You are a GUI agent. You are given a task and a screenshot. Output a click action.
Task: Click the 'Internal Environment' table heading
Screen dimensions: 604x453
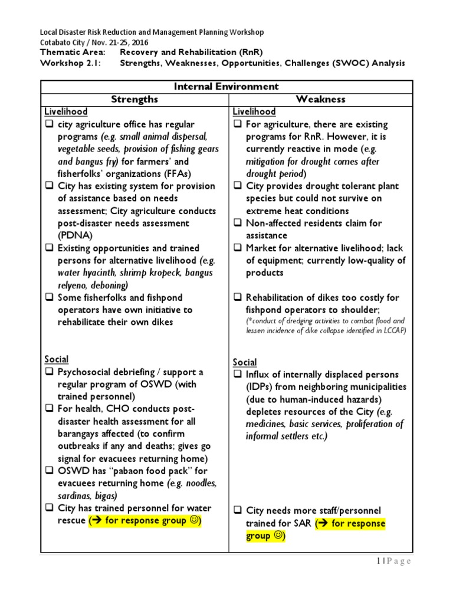click(226, 86)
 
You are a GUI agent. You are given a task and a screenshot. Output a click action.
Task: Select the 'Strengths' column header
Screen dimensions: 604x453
click(134, 99)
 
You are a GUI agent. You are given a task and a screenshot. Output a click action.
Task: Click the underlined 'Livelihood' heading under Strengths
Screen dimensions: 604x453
click(66, 111)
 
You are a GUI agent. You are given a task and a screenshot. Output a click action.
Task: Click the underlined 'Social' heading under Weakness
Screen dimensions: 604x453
click(245, 362)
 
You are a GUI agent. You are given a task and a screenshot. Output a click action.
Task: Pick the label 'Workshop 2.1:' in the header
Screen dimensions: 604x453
click(68, 63)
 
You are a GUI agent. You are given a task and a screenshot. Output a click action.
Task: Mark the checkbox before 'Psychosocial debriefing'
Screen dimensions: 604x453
click(49, 372)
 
